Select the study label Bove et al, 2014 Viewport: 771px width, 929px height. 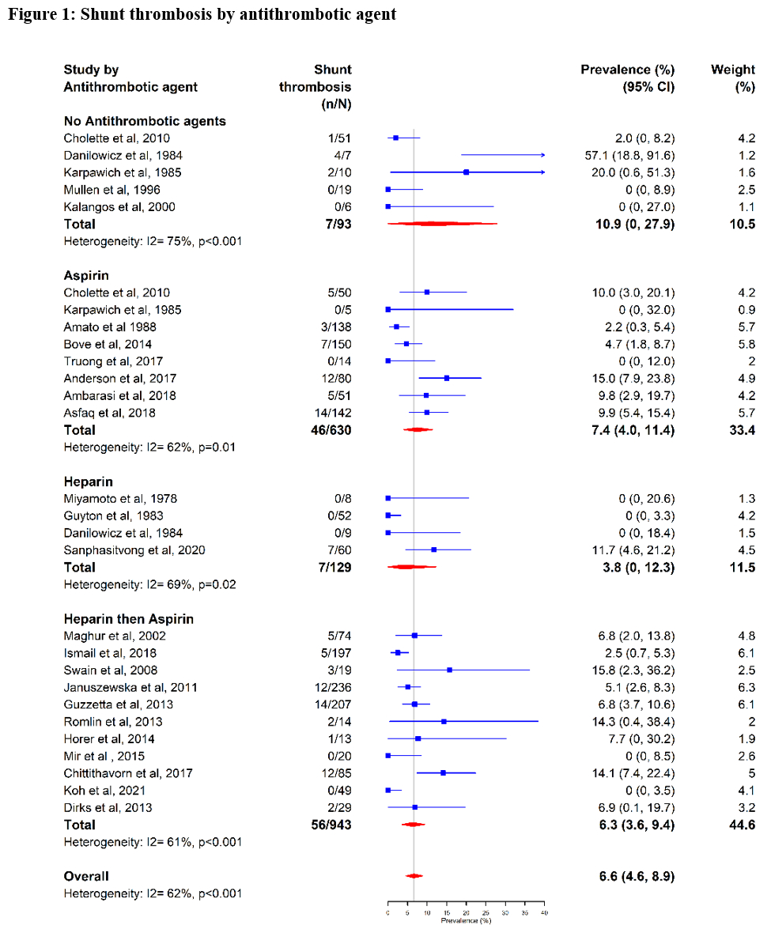108,344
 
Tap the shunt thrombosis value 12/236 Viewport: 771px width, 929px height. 335,687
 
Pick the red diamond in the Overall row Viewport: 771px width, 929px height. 414,876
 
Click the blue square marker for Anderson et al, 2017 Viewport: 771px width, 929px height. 447,379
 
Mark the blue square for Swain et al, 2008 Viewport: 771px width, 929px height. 450,670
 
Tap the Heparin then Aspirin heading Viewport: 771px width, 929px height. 129,618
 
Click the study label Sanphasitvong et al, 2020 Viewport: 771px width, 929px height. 130,549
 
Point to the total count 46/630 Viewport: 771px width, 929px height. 331,430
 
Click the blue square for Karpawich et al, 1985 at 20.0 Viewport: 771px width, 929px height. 467,172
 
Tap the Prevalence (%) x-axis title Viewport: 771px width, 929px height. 467,920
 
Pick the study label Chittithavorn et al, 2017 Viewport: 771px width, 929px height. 128,772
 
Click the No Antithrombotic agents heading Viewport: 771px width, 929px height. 145,121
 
